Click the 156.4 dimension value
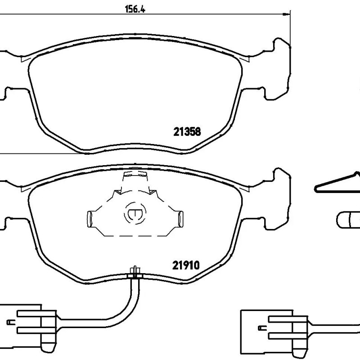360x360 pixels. pyautogui.click(x=135, y=9)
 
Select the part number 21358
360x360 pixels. pyautogui.click(x=187, y=132)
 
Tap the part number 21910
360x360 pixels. pyautogui.click(x=186, y=265)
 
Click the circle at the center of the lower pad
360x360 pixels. pyautogui.click(x=135, y=213)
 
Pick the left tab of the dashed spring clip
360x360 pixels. pyautogui.click(x=90, y=219)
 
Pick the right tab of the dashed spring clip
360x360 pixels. pyautogui.click(x=181, y=219)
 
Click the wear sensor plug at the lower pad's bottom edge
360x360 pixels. pyautogui.click(x=135, y=273)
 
